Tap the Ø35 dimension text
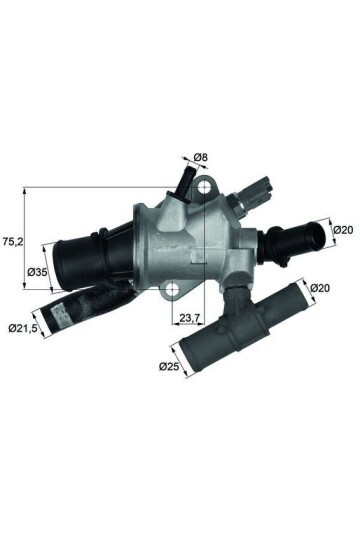point(37,272)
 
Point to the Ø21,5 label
point(25,327)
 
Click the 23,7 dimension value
point(191,321)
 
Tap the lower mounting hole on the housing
point(173,291)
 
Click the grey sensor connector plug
point(264,188)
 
